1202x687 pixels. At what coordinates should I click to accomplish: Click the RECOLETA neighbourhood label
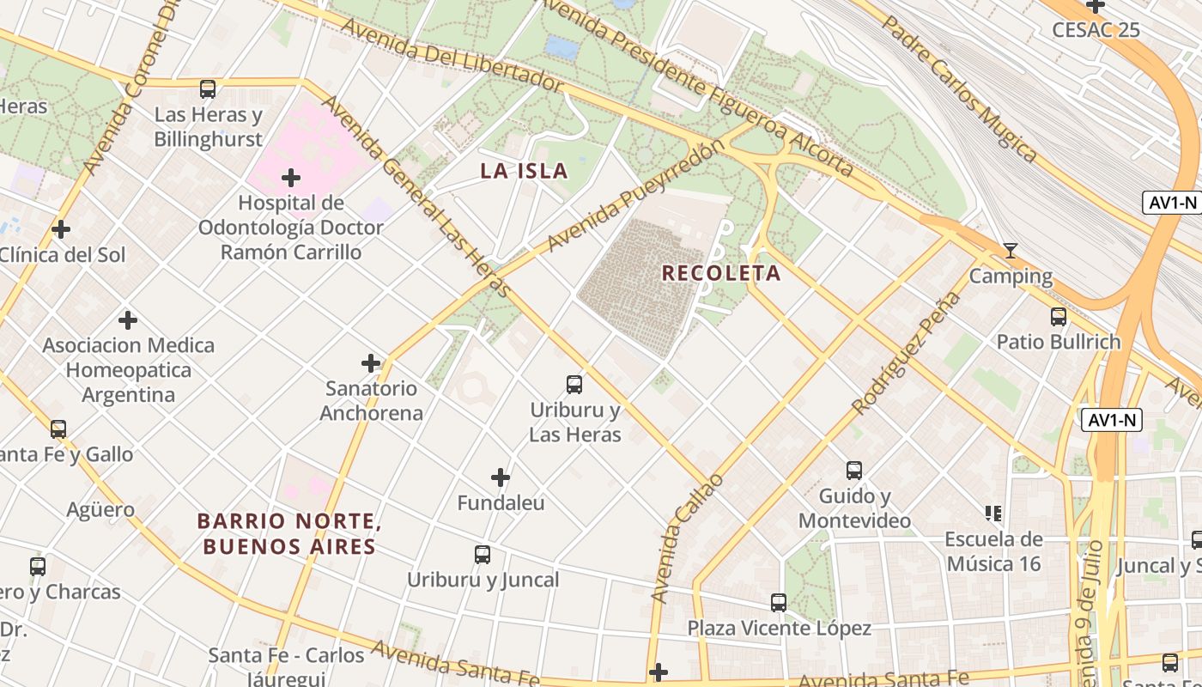point(721,273)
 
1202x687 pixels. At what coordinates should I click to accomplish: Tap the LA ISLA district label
point(524,170)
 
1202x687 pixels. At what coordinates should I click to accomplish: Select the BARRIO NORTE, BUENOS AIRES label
point(288,533)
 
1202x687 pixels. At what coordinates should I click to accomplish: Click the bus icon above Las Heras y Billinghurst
point(208,89)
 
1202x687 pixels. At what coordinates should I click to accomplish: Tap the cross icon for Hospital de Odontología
point(291,178)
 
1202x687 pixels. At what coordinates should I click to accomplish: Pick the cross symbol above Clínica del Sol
point(61,229)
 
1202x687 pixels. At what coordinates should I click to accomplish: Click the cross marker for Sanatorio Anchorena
point(371,363)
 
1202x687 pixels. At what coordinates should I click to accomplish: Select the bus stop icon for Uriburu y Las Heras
point(574,385)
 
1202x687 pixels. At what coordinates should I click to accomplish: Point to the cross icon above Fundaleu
point(501,477)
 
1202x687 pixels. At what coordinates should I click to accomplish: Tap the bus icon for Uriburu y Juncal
point(483,555)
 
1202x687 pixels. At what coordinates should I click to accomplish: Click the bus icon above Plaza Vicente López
point(779,603)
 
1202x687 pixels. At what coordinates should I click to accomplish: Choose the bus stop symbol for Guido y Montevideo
point(854,471)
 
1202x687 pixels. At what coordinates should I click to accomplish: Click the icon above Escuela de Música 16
point(993,514)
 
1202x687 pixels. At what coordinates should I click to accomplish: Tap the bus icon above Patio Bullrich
point(1059,316)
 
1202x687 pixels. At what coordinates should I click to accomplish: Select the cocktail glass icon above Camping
point(1011,251)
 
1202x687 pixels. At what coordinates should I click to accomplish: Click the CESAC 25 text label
point(1096,30)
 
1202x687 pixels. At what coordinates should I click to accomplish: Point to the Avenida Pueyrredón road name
point(635,196)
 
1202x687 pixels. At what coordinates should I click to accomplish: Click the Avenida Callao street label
point(687,538)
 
